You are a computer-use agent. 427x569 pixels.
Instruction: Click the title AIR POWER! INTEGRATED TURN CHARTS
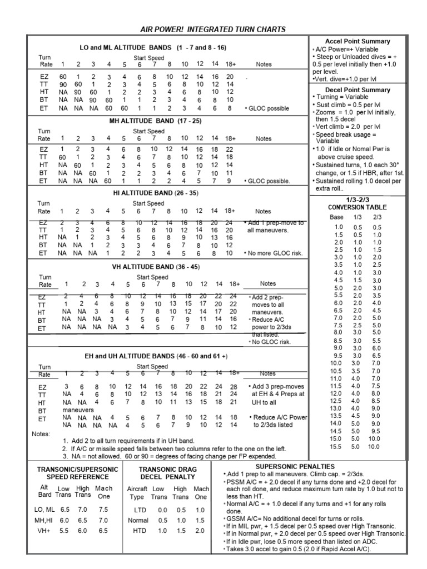click(x=213, y=29)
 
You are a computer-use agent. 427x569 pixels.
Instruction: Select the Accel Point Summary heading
click(x=365, y=41)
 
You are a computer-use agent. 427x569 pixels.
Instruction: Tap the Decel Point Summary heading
click(x=365, y=89)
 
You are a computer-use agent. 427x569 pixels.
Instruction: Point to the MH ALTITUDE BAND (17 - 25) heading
click(x=155, y=120)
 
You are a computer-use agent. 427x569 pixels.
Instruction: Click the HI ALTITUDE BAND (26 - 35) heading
click(x=155, y=192)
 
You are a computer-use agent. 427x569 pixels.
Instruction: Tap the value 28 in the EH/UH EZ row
click(x=234, y=386)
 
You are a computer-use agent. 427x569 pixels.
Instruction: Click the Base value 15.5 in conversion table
click(x=337, y=446)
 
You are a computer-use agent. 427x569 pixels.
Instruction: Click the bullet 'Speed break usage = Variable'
click(x=345, y=138)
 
